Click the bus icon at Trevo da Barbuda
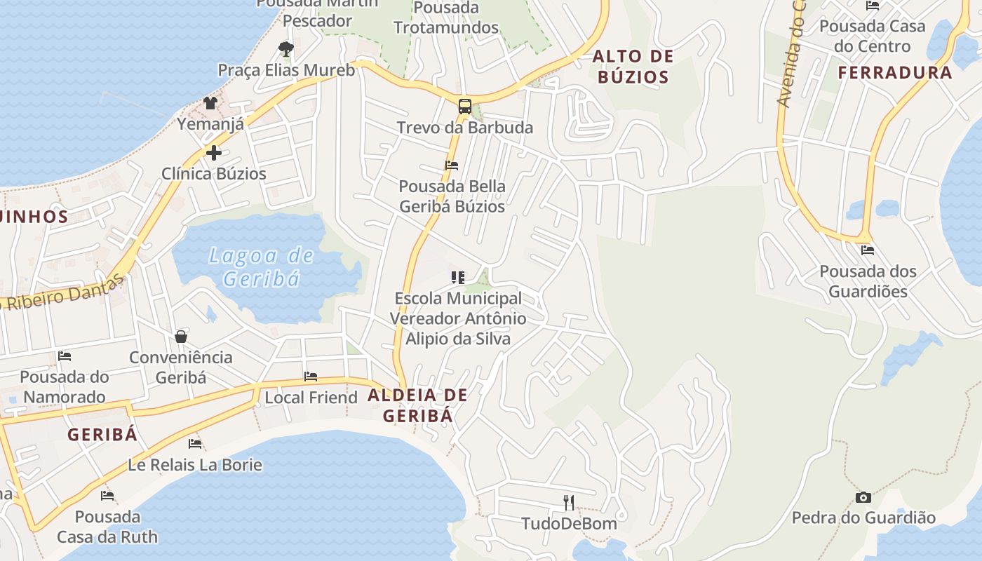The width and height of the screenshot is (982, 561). click(464, 107)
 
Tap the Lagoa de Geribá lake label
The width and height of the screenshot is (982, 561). click(262, 266)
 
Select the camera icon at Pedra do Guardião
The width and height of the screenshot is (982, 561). click(863, 497)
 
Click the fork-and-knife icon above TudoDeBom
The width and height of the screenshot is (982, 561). click(569, 502)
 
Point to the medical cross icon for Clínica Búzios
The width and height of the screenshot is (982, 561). click(214, 153)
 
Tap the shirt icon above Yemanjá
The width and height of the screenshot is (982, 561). click(210, 103)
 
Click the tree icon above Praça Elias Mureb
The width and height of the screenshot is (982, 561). click(285, 48)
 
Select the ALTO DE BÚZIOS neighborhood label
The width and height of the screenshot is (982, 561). click(633, 67)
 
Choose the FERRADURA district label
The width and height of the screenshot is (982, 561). click(895, 73)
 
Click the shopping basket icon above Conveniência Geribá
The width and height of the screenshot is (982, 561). click(181, 337)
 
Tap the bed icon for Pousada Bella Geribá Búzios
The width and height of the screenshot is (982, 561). click(452, 165)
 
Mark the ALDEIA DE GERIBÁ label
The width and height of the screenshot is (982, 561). click(417, 405)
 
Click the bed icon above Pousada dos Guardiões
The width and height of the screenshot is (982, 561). click(868, 250)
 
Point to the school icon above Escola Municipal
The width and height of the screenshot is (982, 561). click(458, 278)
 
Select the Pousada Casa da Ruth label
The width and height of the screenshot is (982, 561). click(107, 527)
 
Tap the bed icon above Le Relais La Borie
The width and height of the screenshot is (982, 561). click(195, 444)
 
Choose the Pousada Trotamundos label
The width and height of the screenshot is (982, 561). click(446, 18)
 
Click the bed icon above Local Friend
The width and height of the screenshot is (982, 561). click(311, 377)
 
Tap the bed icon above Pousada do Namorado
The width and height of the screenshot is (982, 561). click(65, 356)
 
